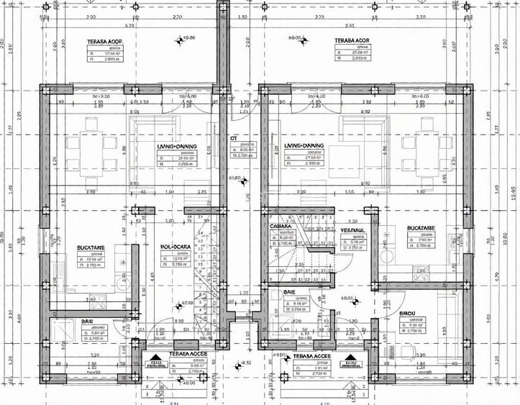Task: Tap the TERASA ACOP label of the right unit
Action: [352, 41]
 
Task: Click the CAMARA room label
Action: [280, 227]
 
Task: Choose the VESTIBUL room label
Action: [352, 230]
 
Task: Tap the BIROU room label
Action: [411, 314]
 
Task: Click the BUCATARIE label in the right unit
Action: [421, 228]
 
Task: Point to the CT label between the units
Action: [234, 138]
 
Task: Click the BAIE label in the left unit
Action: [88, 321]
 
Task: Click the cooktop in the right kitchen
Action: [424, 272]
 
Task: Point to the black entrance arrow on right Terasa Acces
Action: [351, 360]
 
